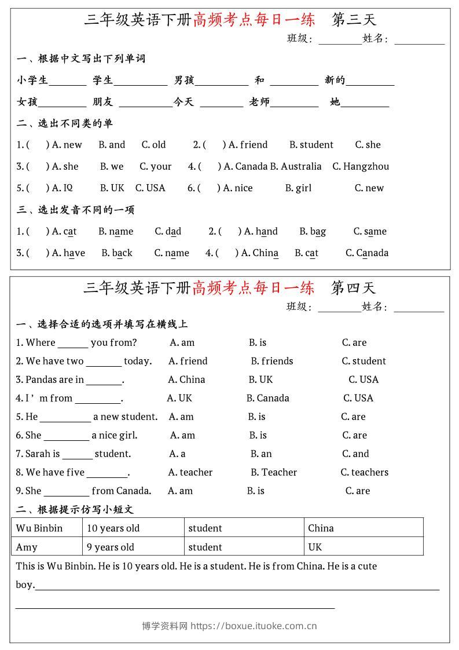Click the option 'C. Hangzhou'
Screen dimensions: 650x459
[x=360, y=167]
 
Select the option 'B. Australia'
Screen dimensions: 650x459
[x=295, y=167]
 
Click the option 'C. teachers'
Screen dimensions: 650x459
[x=364, y=473]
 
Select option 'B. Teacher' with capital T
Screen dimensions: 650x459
[x=274, y=473]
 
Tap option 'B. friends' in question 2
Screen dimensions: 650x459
[x=272, y=361]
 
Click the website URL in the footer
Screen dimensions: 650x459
[x=254, y=626]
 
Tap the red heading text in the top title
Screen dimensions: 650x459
[x=254, y=20]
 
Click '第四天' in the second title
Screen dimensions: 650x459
[x=353, y=288]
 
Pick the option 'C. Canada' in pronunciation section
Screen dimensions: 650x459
[x=367, y=253]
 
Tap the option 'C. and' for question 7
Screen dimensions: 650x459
[x=355, y=454]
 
